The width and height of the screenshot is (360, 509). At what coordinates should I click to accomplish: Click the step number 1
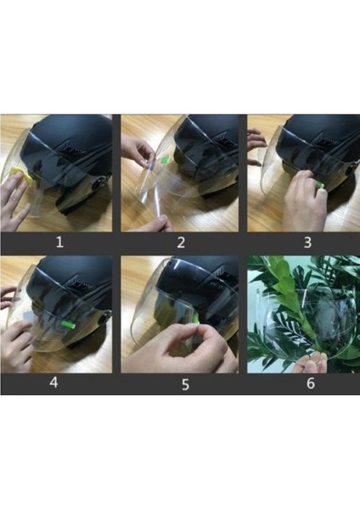click(59, 242)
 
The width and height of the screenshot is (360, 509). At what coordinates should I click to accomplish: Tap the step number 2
click(180, 242)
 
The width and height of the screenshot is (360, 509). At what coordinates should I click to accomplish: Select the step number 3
click(307, 242)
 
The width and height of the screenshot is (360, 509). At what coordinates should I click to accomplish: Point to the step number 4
click(53, 383)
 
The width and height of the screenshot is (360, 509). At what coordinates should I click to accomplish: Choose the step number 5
click(180, 383)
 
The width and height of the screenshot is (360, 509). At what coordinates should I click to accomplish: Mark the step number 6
click(310, 383)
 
